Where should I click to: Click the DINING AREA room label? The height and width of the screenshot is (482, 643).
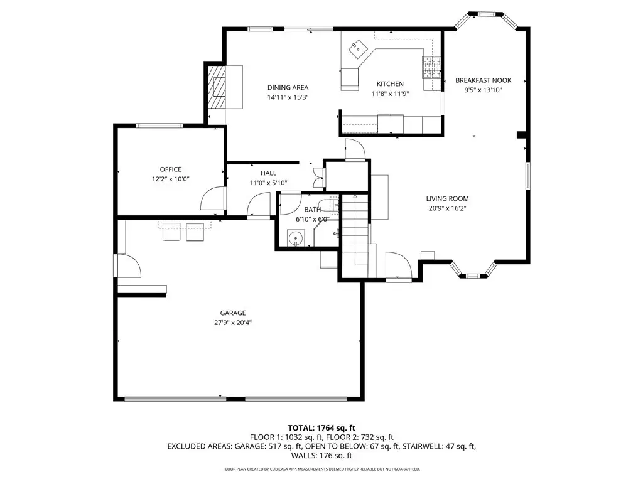tap(288, 87)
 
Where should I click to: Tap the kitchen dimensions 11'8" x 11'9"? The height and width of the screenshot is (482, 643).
tap(390, 94)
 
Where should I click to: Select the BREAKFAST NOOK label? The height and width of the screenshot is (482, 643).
tap(483, 80)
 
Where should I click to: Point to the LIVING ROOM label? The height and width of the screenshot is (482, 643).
tap(447, 198)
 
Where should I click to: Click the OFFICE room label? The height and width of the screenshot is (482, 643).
tap(171, 169)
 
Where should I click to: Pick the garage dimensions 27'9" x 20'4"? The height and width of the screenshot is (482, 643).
tap(233, 323)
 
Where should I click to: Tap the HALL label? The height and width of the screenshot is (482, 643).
tap(269, 173)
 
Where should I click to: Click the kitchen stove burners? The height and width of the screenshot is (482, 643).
tap(431, 67)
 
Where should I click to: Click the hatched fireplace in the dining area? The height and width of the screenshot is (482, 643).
tap(217, 87)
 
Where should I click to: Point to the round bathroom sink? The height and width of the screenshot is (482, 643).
tap(296, 238)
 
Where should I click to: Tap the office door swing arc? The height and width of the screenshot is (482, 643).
tap(213, 200)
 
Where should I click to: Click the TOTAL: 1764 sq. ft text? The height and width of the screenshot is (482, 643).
tap(321, 428)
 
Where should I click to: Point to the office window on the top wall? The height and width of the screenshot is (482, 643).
tap(159, 126)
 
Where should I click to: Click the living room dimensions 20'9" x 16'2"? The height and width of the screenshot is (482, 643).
tap(447, 208)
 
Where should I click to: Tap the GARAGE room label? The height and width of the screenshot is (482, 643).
tap(233, 313)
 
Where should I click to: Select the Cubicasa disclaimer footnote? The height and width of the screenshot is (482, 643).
tap(321, 469)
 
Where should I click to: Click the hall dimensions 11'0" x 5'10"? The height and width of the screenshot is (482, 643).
tap(269, 183)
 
